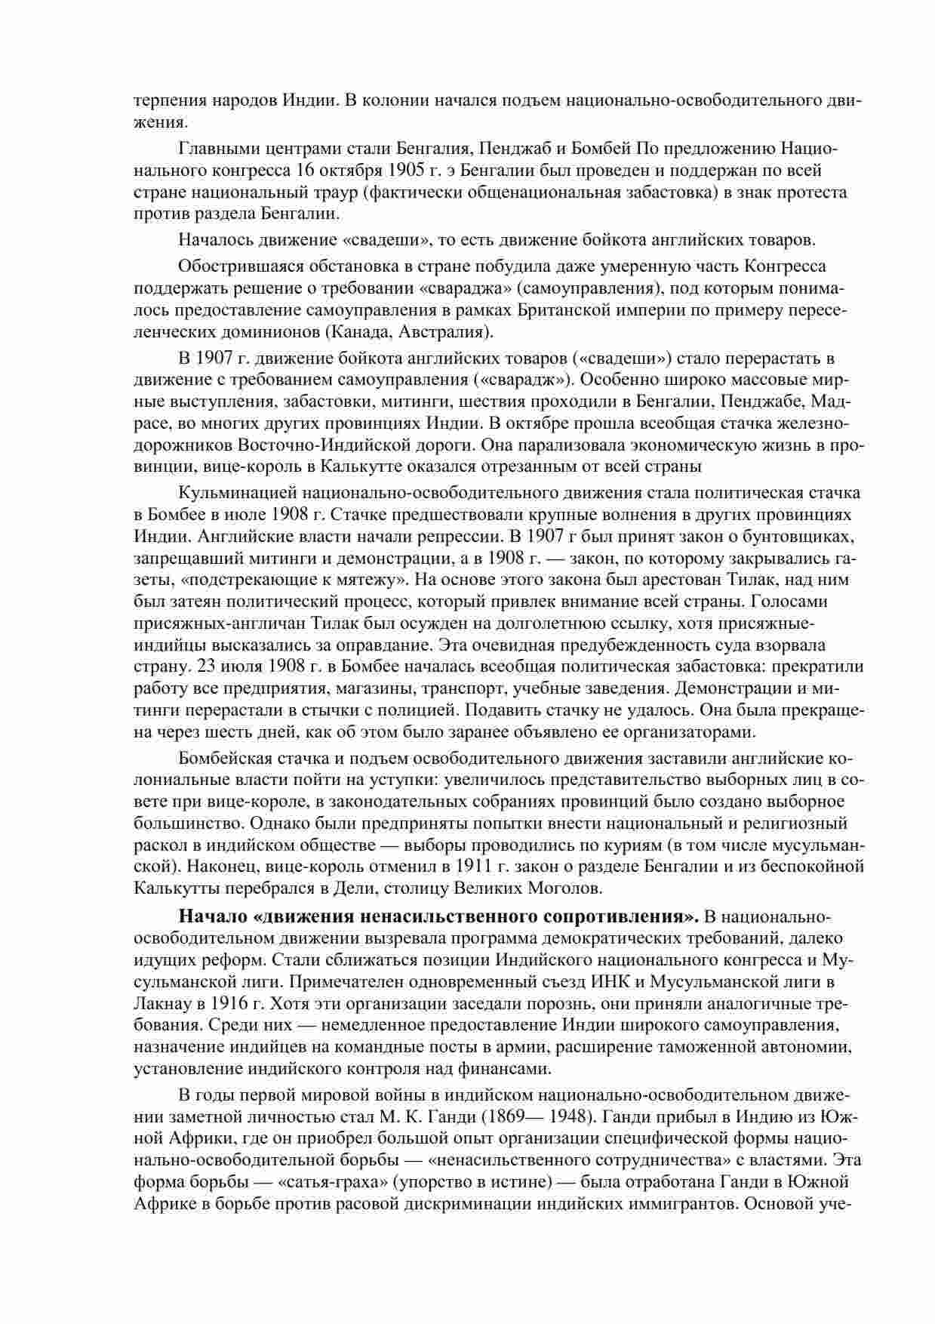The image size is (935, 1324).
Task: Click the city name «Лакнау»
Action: [161, 1004]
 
